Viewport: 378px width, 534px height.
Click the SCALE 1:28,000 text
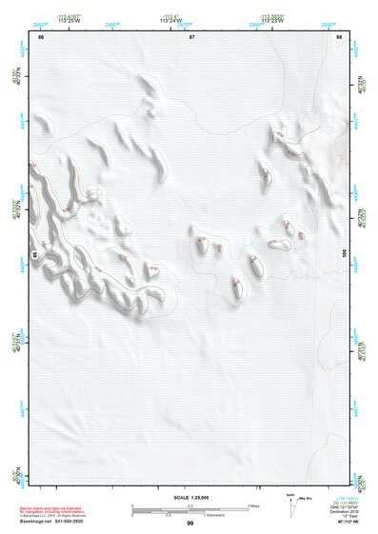(189, 498)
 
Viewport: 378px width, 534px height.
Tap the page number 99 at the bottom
(189, 523)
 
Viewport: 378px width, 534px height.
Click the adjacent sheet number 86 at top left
(41, 36)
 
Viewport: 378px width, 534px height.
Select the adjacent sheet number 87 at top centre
(192, 36)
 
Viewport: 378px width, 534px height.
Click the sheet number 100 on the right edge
(346, 253)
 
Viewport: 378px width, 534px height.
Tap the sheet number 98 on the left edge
(35, 255)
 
